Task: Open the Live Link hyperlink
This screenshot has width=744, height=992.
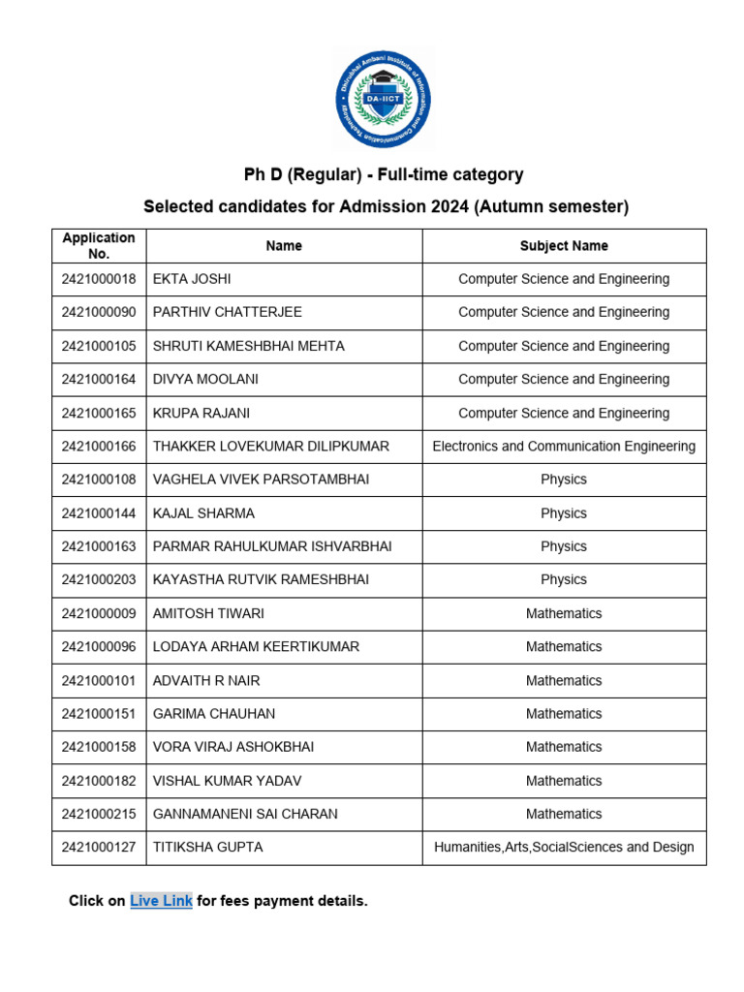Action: [x=161, y=901]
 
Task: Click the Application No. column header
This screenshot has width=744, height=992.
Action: [x=99, y=246]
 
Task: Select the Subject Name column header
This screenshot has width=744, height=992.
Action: [x=564, y=246]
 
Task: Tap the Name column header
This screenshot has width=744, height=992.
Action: [x=284, y=246]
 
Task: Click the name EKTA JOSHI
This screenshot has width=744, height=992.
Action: [x=192, y=279]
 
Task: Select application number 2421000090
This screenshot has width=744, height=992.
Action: [x=99, y=312]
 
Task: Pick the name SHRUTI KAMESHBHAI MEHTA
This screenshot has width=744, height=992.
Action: [x=248, y=346]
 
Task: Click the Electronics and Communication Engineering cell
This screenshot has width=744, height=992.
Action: [x=564, y=447]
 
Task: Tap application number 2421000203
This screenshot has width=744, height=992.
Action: [x=99, y=579]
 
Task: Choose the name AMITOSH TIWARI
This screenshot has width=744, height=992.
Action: [x=208, y=613]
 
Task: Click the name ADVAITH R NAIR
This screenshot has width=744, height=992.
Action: [x=206, y=680]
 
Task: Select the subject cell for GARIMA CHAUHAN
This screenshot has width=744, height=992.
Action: [x=564, y=714]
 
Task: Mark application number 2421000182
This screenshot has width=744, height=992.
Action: [x=99, y=781]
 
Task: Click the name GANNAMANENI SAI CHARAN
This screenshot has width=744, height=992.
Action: [x=245, y=814]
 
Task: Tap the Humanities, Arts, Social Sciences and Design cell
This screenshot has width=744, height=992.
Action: [x=564, y=848]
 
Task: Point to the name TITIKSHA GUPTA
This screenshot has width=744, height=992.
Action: [x=207, y=848]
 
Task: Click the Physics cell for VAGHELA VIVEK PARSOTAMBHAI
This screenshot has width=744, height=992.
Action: [x=564, y=480]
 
